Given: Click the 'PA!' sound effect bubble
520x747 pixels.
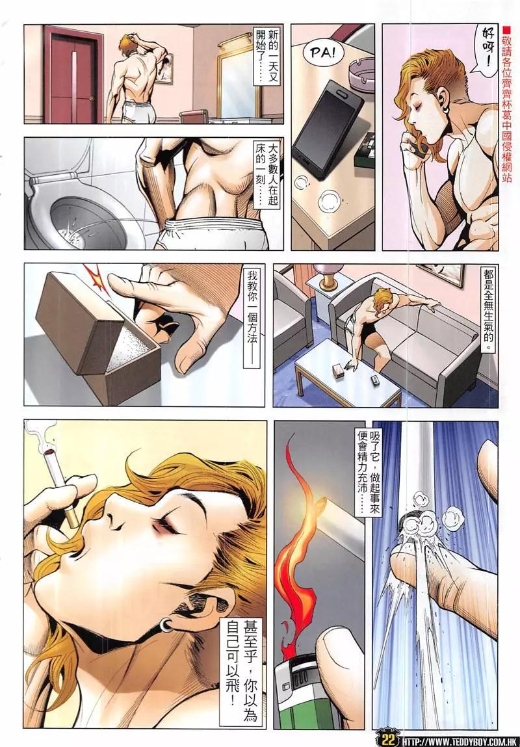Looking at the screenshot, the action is point(323,53).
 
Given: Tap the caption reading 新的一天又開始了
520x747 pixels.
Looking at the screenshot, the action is point(266,56).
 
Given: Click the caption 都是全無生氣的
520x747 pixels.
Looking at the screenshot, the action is point(488,310).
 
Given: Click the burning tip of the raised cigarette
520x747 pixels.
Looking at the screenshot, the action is point(48,450).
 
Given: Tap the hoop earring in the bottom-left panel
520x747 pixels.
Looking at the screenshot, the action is point(165,625).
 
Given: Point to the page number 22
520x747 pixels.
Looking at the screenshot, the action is point(388,739).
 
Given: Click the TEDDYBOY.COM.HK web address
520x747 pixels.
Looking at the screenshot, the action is point(460,741).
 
